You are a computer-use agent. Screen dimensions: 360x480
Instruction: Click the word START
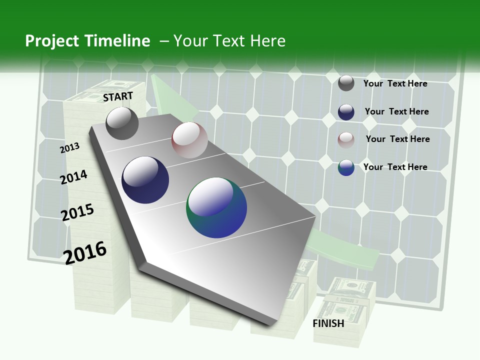tap(118, 96)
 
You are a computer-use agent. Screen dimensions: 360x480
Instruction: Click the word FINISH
tap(328, 323)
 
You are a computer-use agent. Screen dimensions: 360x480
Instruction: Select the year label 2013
tap(69, 148)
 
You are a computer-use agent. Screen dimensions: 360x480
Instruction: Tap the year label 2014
tap(73, 177)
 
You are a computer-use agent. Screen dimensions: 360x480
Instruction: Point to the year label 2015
tap(77, 212)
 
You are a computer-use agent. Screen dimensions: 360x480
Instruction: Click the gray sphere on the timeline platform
tap(122, 123)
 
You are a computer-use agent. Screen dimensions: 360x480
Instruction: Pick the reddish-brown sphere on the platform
tap(189, 140)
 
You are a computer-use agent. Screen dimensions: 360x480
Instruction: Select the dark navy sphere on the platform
tap(145, 180)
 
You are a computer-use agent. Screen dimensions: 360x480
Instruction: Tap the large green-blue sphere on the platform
tap(216, 207)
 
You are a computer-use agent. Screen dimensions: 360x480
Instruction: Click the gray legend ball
tap(346, 83)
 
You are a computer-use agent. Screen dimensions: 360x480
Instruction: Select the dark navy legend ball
tap(346, 112)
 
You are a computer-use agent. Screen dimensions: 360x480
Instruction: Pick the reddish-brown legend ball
tap(346, 140)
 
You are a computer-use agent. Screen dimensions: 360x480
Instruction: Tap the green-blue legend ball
tap(346, 167)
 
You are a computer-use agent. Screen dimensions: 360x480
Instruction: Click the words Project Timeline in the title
tap(87, 41)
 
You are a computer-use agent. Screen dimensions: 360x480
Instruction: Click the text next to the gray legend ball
tap(395, 83)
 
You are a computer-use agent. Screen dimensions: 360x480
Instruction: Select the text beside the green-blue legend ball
tap(395, 167)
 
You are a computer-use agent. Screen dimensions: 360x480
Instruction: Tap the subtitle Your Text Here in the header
tap(229, 41)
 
